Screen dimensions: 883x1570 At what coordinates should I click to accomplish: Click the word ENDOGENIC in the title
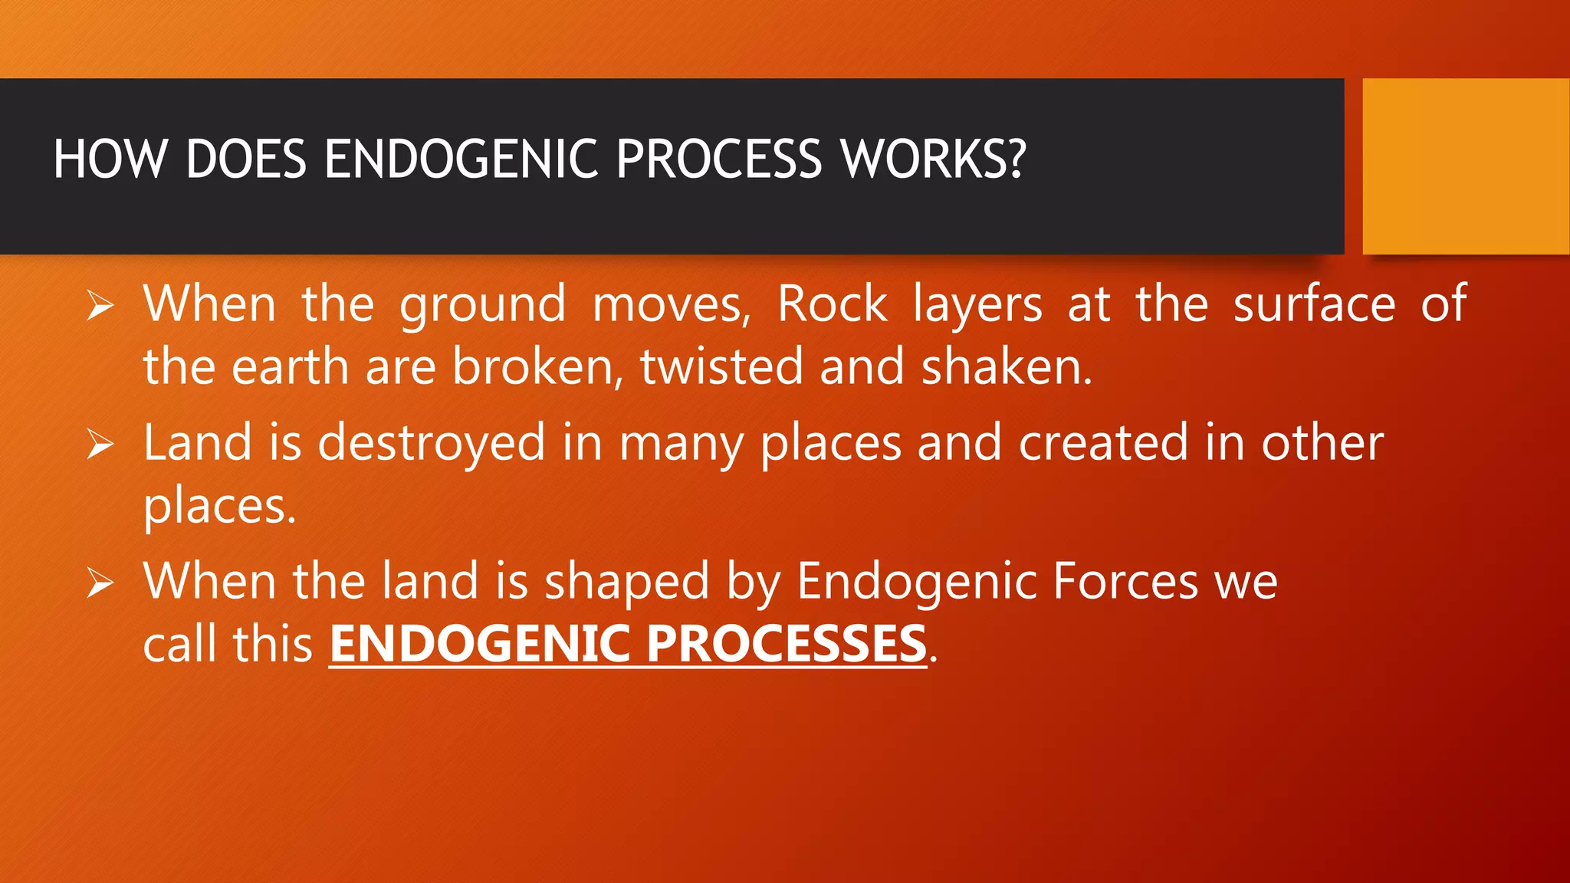460,159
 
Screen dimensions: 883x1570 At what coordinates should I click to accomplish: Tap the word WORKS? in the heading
932,159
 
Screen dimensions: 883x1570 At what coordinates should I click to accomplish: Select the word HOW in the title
110,159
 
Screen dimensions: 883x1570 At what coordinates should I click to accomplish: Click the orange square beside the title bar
1465,166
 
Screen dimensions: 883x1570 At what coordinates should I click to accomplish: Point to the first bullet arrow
100,307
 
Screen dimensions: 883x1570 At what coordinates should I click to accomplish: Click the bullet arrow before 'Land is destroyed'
100,445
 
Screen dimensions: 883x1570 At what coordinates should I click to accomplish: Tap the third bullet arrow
100,583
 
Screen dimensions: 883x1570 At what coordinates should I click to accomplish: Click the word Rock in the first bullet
832,304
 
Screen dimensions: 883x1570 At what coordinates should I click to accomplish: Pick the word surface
1314,304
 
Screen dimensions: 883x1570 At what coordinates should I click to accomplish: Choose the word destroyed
431,445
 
